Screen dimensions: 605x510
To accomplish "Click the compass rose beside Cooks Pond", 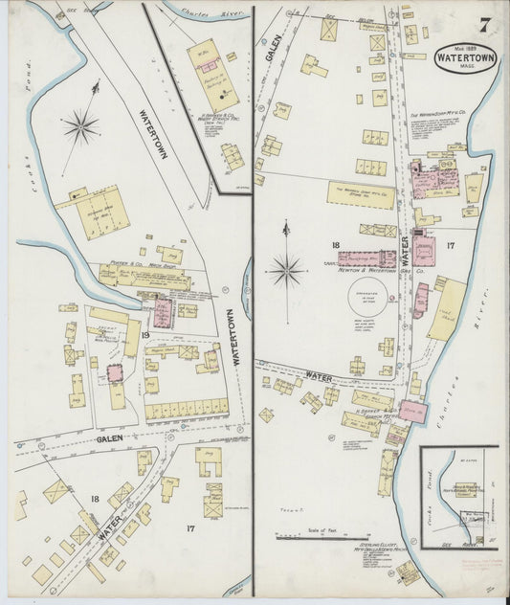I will click(x=81, y=125).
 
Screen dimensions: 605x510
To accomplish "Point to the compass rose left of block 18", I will click(x=286, y=270).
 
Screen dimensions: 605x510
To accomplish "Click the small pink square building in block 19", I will click(x=116, y=372).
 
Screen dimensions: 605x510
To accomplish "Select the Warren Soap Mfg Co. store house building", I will click(x=360, y=194).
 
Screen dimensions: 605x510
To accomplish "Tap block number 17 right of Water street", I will click(x=450, y=246).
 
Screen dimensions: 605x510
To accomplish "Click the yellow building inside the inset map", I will click(x=466, y=488).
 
